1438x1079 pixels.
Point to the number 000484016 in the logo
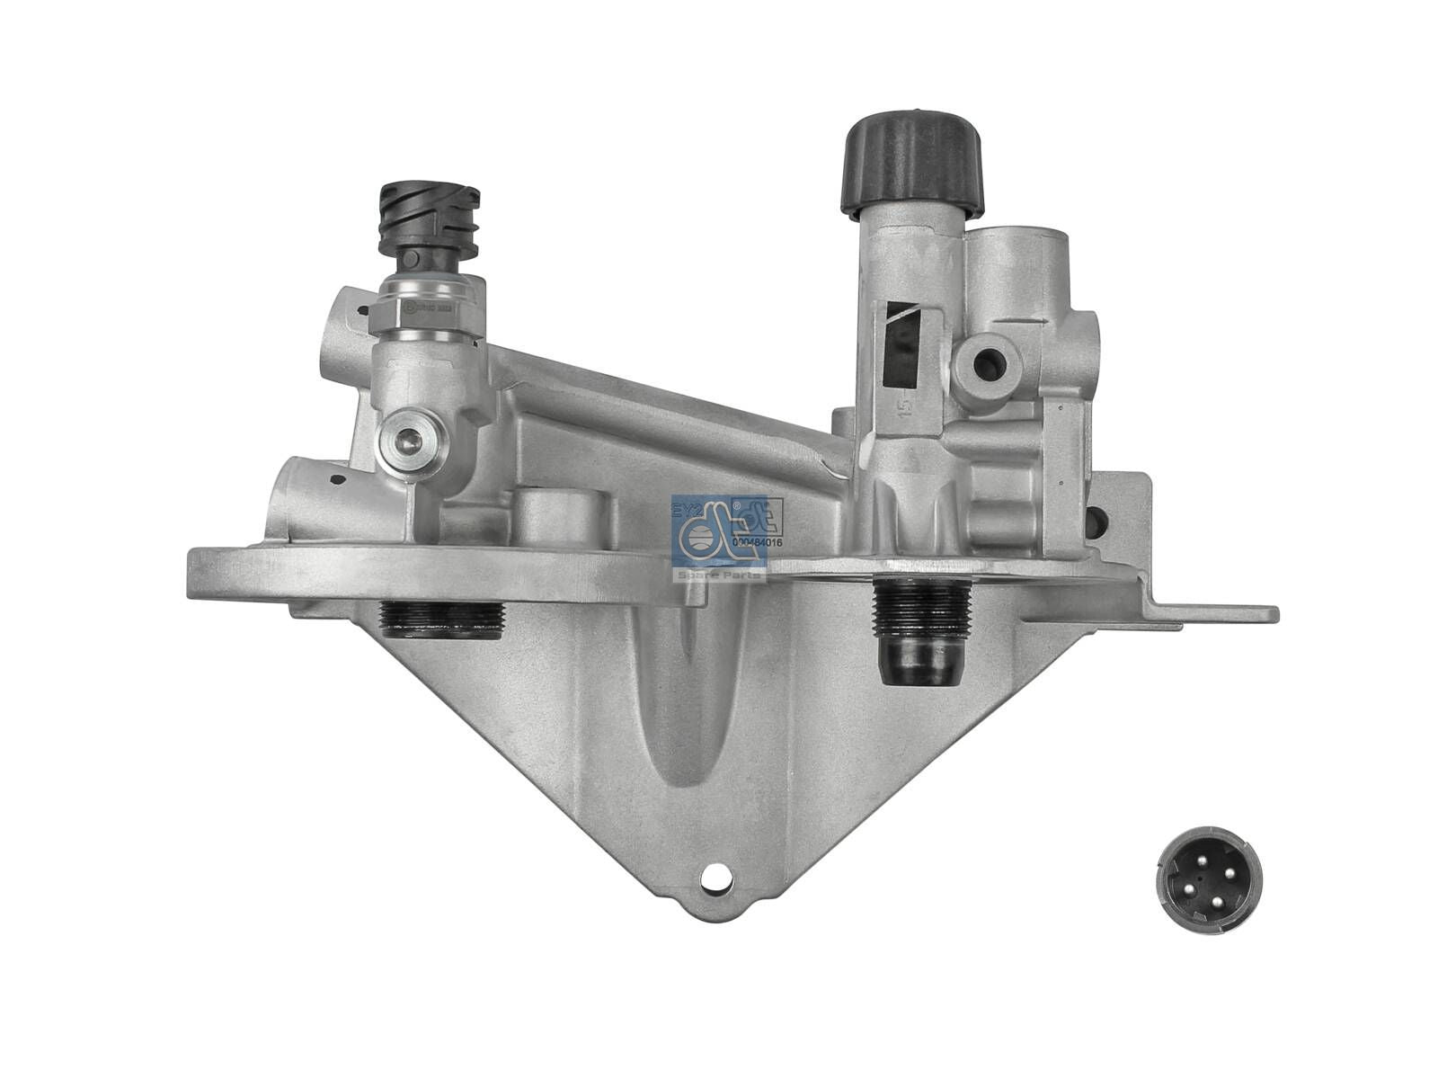(757, 541)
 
